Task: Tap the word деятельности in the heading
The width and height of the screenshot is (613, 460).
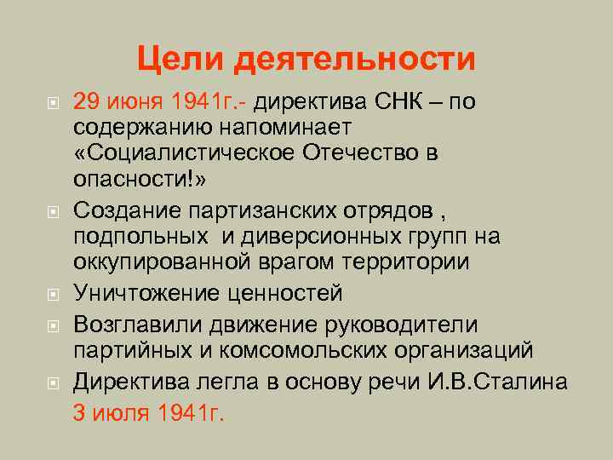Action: pos(356,60)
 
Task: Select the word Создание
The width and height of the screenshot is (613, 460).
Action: pos(119,210)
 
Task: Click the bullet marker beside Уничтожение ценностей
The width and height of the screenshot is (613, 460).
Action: pos(53,295)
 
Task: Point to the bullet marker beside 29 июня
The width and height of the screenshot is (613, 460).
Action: pos(53,104)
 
